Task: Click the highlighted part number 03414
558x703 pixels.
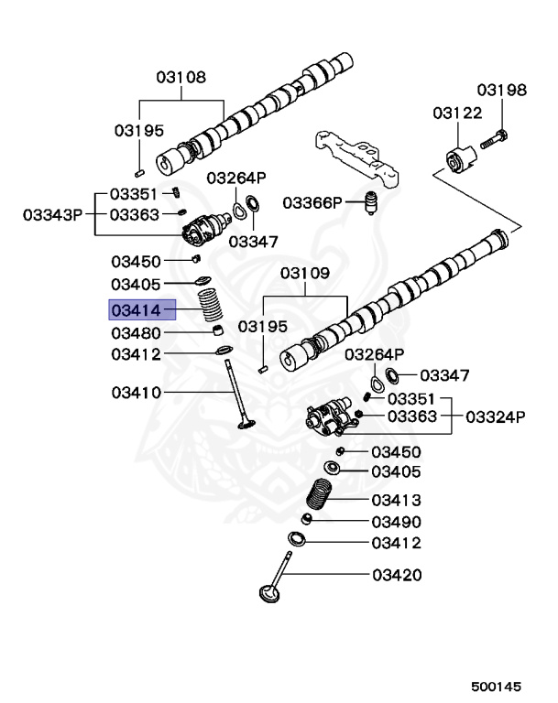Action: coord(136,309)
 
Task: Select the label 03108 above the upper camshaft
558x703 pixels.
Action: coord(181,78)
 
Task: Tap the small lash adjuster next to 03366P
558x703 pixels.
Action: coord(372,201)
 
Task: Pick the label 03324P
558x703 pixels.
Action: coord(496,416)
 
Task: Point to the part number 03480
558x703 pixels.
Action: coord(136,332)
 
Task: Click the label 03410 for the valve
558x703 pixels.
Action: coord(136,393)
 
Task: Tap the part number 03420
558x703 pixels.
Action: coord(396,576)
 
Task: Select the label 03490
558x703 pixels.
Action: coord(396,522)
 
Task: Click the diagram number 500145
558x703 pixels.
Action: coord(497,684)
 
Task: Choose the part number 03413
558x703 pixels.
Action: coord(396,500)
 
